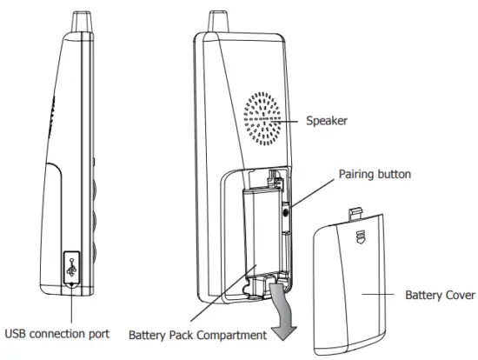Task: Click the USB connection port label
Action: point(58,333)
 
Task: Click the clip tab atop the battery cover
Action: point(357,211)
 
